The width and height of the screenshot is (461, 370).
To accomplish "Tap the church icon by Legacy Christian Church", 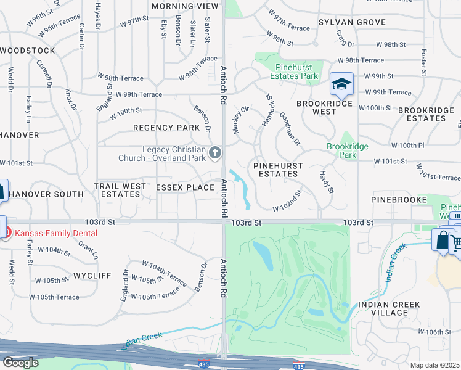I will [215, 152].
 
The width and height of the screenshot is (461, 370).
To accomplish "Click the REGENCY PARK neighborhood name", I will [166, 128].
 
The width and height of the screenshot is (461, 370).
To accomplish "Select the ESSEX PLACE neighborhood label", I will [185, 187].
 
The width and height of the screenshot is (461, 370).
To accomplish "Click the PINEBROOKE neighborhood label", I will [399, 200].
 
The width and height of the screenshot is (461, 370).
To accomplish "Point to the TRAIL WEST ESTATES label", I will [120, 190].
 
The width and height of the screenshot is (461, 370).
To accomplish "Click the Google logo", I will [20, 363].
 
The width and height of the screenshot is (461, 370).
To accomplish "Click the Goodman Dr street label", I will [290, 128].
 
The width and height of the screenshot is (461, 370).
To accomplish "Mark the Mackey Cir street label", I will [240, 118].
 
